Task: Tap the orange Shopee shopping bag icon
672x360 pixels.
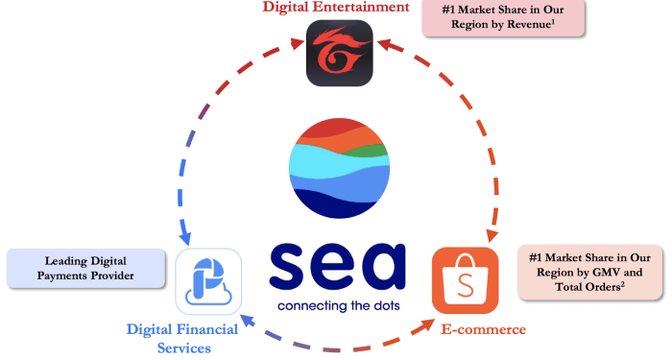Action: tap(465, 279)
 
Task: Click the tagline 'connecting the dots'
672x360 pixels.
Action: tap(337, 307)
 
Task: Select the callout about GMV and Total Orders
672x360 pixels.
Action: tap(589, 274)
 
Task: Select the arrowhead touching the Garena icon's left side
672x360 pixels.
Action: tap(295, 42)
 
